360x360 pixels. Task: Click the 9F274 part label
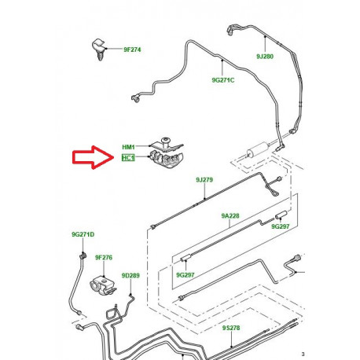click(x=133, y=50)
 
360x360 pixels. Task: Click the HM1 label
click(x=129, y=147)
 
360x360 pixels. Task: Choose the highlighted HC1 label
click(x=129, y=158)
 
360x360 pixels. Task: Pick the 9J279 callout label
click(x=204, y=180)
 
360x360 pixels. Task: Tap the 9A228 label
click(x=230, y=216)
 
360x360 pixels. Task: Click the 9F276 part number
click(x=104, y=256)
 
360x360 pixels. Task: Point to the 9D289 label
click(x=130, y=275)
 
